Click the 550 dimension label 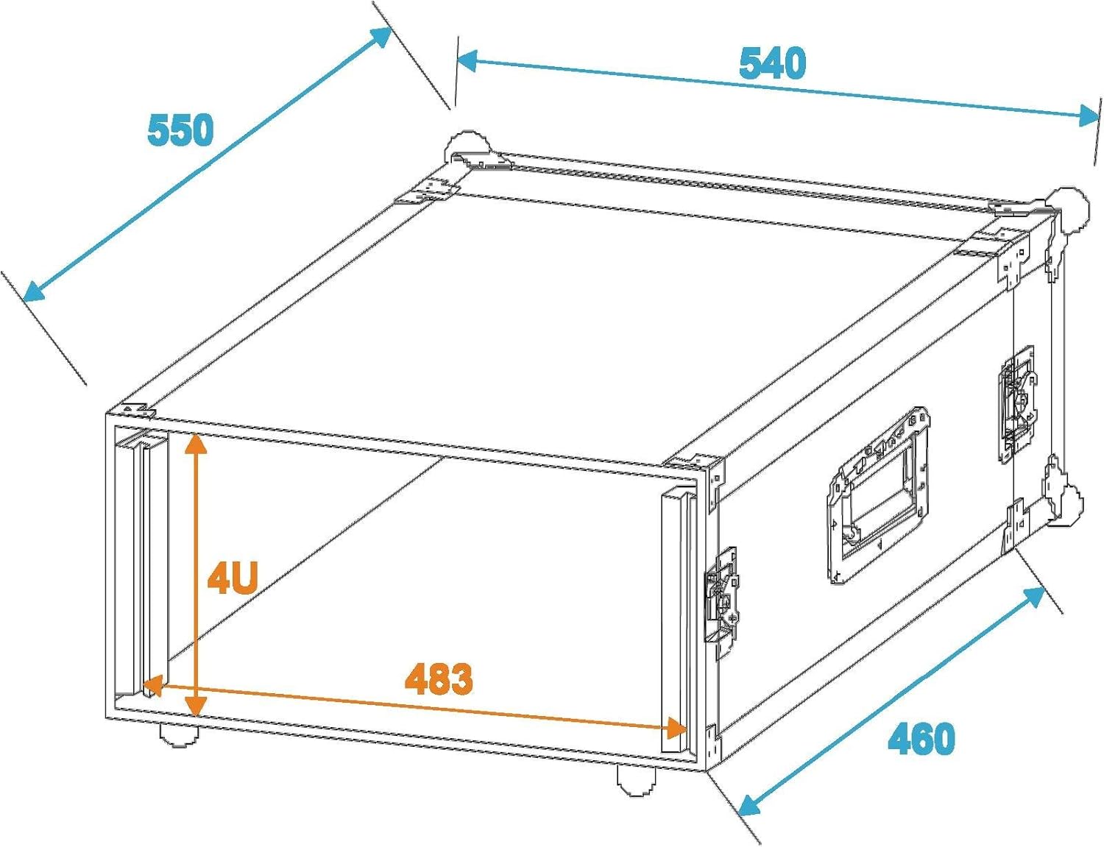coord(180,130)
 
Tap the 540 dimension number coord(772,63)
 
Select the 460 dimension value coord(921,738)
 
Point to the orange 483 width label coord(439,678)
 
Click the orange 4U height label coord(233,577)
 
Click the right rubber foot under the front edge coord(636,781)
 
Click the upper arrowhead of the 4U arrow coord(195,442)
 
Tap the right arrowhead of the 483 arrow coord(676,729)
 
